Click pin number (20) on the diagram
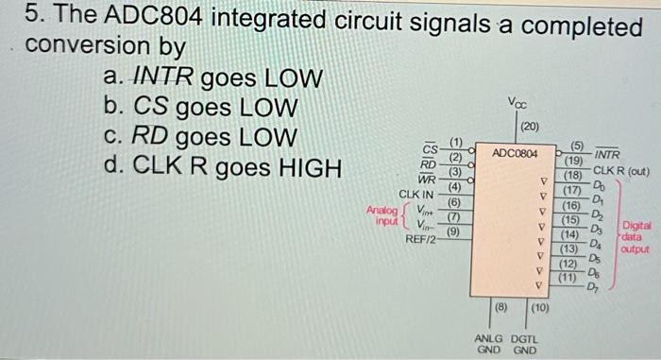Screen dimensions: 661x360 (530, 127)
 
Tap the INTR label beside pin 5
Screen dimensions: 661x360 (607, 155)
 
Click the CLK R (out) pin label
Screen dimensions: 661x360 (621, 171)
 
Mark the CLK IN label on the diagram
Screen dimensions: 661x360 (415, 194)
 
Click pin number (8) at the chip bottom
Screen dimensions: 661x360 (501, 307)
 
